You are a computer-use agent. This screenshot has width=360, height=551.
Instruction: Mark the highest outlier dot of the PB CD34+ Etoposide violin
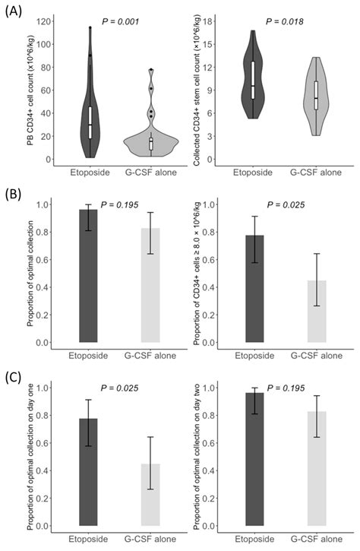[90, 28]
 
